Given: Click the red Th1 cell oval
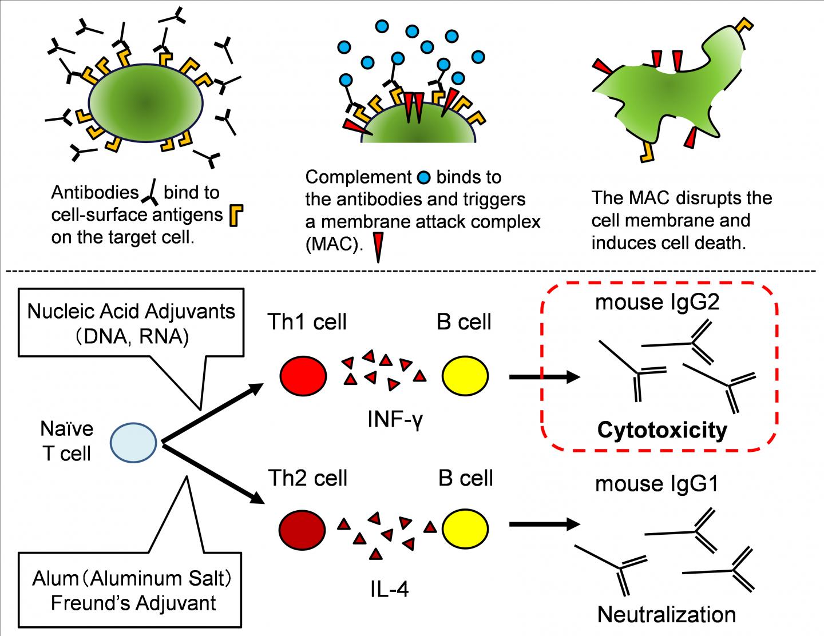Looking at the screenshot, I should (x=303, y=376).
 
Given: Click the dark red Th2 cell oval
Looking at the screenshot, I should (x=303, y=528).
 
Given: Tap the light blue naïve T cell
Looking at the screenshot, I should (x=133, y=442).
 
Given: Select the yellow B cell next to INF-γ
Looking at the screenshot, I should (x=465, y=376).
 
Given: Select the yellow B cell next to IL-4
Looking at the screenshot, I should (x=465, y=528).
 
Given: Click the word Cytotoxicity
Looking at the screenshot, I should (x=662, y=430).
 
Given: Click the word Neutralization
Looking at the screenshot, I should (x=666, y=615).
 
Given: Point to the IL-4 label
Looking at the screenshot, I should (x=389, y=589).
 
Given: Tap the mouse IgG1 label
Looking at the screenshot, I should (x=656, y=484).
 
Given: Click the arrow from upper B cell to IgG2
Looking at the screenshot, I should (x=545, y=377).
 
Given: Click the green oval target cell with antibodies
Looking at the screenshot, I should (x=145, y=103).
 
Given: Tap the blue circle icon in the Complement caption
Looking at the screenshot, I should (x=423, y=178).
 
